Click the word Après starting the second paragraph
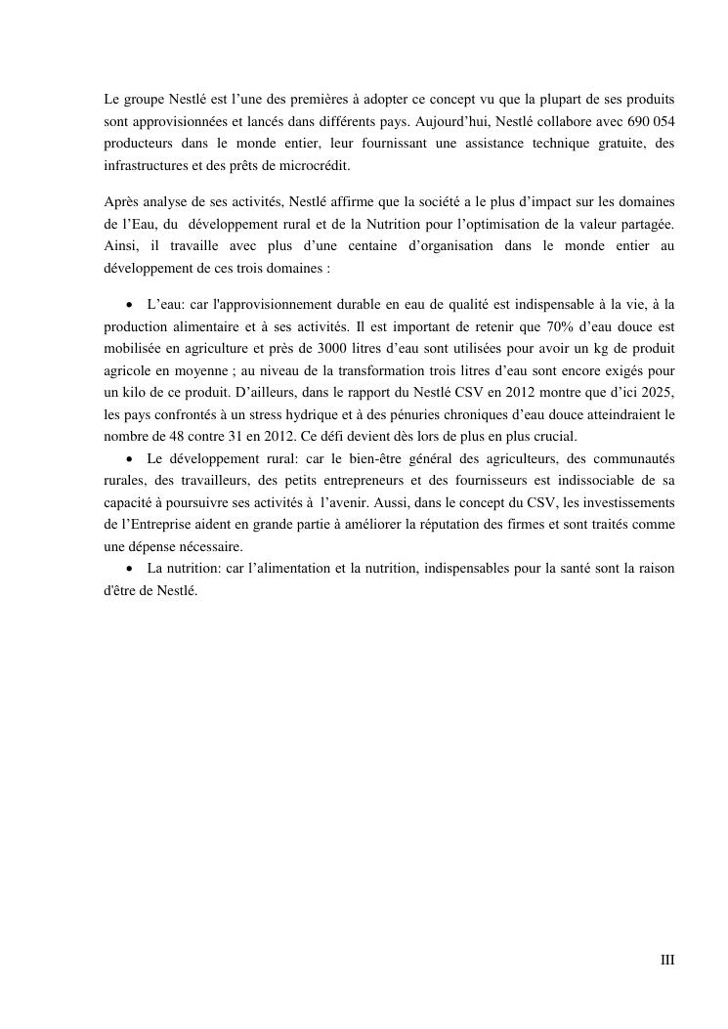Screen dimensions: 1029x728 tap(121, 202)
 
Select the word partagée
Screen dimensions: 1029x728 tap(643, 224)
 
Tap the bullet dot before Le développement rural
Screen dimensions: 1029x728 tap(129, 458)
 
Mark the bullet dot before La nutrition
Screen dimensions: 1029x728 tap(129, 568)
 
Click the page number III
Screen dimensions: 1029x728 tap(667, 960)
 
